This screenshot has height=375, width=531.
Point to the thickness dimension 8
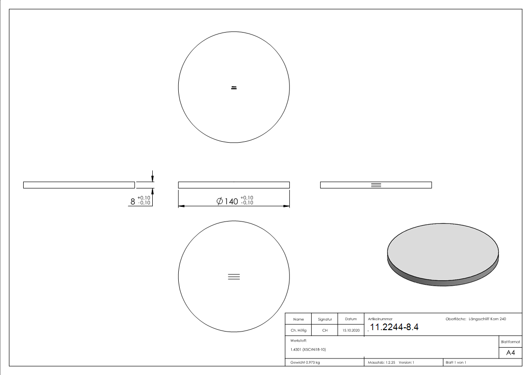tap(133, 201)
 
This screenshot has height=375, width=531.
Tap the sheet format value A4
tap(510, 353)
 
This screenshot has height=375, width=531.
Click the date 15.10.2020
tap(351, 331)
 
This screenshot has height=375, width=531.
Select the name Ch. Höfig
tap(298, 331)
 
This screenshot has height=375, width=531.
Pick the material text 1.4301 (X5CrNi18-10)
tap(308, 349)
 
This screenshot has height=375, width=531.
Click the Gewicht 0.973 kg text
tap(305, 362)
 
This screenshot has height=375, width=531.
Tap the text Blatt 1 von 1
tap(456, 362)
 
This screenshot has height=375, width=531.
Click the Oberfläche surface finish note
tap(476, 319)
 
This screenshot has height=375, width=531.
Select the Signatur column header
tap(325, 319)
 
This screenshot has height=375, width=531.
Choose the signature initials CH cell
tap(325, 331)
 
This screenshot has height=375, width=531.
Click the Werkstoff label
tap(299, 340)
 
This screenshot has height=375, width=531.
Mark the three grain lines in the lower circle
tap(234, 277)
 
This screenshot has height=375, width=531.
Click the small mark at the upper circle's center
tap(234, 87)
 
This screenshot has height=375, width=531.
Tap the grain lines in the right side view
tap(376, 185)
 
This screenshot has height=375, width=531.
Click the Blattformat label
tap(510, 341)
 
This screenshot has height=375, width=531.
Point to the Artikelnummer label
tap(380, 319)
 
